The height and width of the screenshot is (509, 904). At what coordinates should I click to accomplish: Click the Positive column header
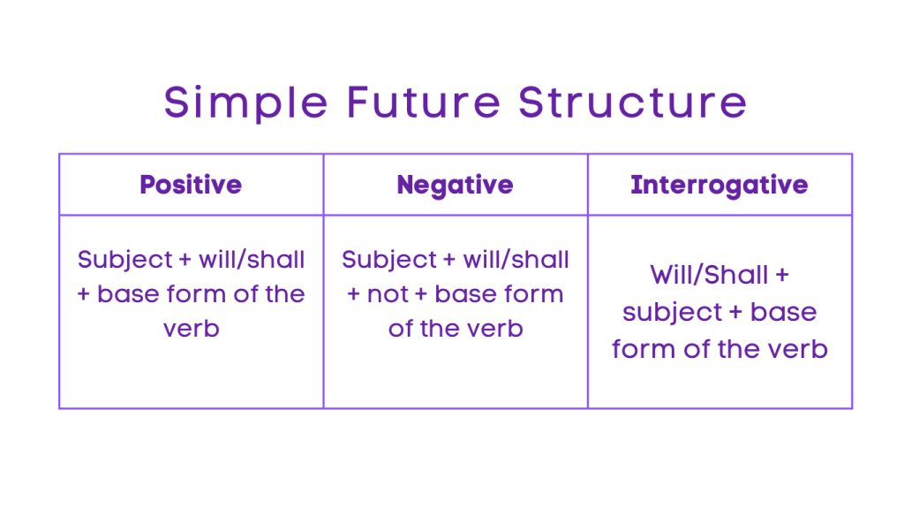coord(191,185)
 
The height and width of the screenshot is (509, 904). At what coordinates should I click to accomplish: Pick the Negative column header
coord(455,185)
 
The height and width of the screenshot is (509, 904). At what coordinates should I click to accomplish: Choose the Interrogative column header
coord(719,185)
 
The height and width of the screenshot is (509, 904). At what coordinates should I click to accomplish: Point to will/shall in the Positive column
coord(252,260)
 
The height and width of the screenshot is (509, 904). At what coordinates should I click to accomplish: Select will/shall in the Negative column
coord(516,260)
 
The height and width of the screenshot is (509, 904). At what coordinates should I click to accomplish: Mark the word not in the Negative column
coord(388,294)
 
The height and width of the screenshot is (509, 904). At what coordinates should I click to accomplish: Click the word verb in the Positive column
coord(191,329)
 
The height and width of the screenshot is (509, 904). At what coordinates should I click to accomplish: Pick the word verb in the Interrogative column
coord(794,349)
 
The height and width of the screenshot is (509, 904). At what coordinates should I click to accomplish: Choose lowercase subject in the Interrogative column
coord(673,312)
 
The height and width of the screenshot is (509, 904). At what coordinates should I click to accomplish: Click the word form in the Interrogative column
coord(638,349)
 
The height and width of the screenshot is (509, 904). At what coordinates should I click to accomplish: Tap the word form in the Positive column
coord(192,294)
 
